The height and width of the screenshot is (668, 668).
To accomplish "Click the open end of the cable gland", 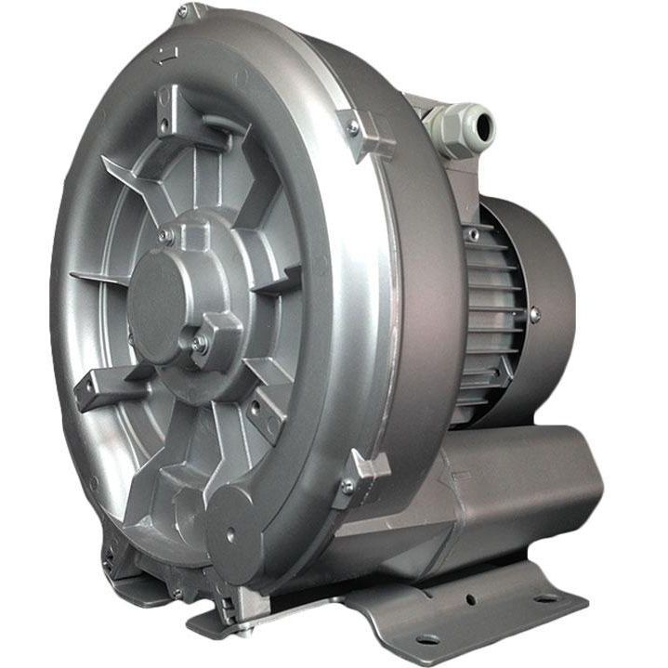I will (x=481, y=124).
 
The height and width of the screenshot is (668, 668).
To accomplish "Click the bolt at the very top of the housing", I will (x=182, y=12).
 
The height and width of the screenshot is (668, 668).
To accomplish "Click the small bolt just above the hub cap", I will (x=164, y=238).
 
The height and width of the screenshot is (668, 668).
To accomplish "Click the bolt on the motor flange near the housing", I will (x=473, y=235).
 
